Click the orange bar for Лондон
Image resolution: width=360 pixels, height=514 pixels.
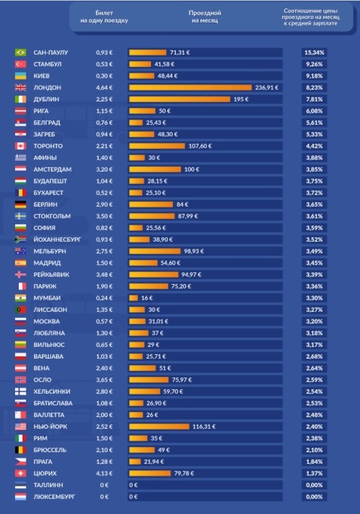pos(190,88)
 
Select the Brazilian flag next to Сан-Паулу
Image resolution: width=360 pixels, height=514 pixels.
pos(20,53)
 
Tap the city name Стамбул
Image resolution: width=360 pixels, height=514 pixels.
pos(48,64)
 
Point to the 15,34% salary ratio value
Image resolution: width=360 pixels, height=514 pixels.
pos(314,53)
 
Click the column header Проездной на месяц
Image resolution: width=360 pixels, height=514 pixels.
pos(205,17)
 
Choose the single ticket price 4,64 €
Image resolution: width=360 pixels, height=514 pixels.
pos(105,88)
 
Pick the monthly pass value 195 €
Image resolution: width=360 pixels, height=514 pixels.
pos(241,100)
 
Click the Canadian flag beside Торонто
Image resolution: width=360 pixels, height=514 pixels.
pos(20,146)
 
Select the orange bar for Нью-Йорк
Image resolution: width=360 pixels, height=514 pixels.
pos(159,426)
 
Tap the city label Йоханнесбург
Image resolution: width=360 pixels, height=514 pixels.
pos(57,240)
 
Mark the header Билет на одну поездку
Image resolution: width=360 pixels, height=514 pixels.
pos(105,17)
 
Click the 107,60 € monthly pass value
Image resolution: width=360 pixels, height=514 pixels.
pos(200,146)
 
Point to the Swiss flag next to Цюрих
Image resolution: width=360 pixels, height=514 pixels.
pos(20,473)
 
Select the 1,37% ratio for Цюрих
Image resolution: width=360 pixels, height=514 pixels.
pos(314,473)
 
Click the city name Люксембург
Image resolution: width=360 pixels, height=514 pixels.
pos(54,496)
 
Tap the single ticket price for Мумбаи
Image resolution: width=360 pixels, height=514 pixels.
pos(105,298)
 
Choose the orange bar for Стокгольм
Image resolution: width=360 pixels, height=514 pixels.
pos(152,216)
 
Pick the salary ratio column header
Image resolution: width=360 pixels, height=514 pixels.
pos(311,17)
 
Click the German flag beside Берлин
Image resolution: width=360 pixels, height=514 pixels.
pos(20,205)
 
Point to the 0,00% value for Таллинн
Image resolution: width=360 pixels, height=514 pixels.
pos(314,485)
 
